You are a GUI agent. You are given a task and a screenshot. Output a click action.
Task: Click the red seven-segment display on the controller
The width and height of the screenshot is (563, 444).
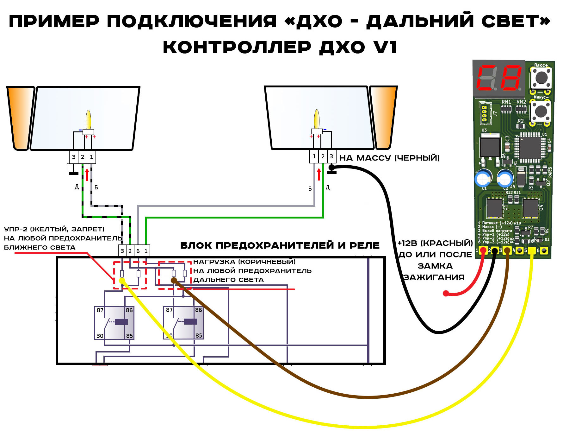coord(499,78)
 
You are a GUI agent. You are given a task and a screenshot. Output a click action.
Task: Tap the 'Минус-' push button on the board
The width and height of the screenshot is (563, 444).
coord(541,111)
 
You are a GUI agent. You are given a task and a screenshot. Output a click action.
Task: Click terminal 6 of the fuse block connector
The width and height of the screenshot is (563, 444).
coord(138,251)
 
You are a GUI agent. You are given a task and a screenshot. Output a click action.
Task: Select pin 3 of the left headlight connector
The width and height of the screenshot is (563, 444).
coord(74,157)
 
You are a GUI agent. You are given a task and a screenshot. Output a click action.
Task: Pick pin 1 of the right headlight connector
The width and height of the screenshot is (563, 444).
coord(314,156)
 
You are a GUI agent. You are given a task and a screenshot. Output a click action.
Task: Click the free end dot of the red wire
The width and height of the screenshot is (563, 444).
coord(446,293)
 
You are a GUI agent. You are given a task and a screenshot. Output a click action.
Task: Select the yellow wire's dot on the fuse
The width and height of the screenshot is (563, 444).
coord(122,281)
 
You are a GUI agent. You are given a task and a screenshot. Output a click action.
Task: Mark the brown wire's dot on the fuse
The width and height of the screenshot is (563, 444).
coord(174,280)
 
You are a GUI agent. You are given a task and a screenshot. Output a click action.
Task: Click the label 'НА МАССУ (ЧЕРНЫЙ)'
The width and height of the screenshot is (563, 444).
coord(389,158)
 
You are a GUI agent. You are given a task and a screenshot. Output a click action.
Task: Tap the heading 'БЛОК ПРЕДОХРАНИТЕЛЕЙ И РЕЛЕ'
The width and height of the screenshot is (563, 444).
coord(280,245)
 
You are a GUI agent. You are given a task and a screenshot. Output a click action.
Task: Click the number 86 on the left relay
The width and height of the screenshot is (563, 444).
coord(129,310)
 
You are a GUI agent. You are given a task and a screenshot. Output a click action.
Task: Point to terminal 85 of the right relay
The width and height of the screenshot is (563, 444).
coord(198,335)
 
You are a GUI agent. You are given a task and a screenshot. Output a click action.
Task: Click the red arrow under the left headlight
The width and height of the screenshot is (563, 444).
coord(87,174)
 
